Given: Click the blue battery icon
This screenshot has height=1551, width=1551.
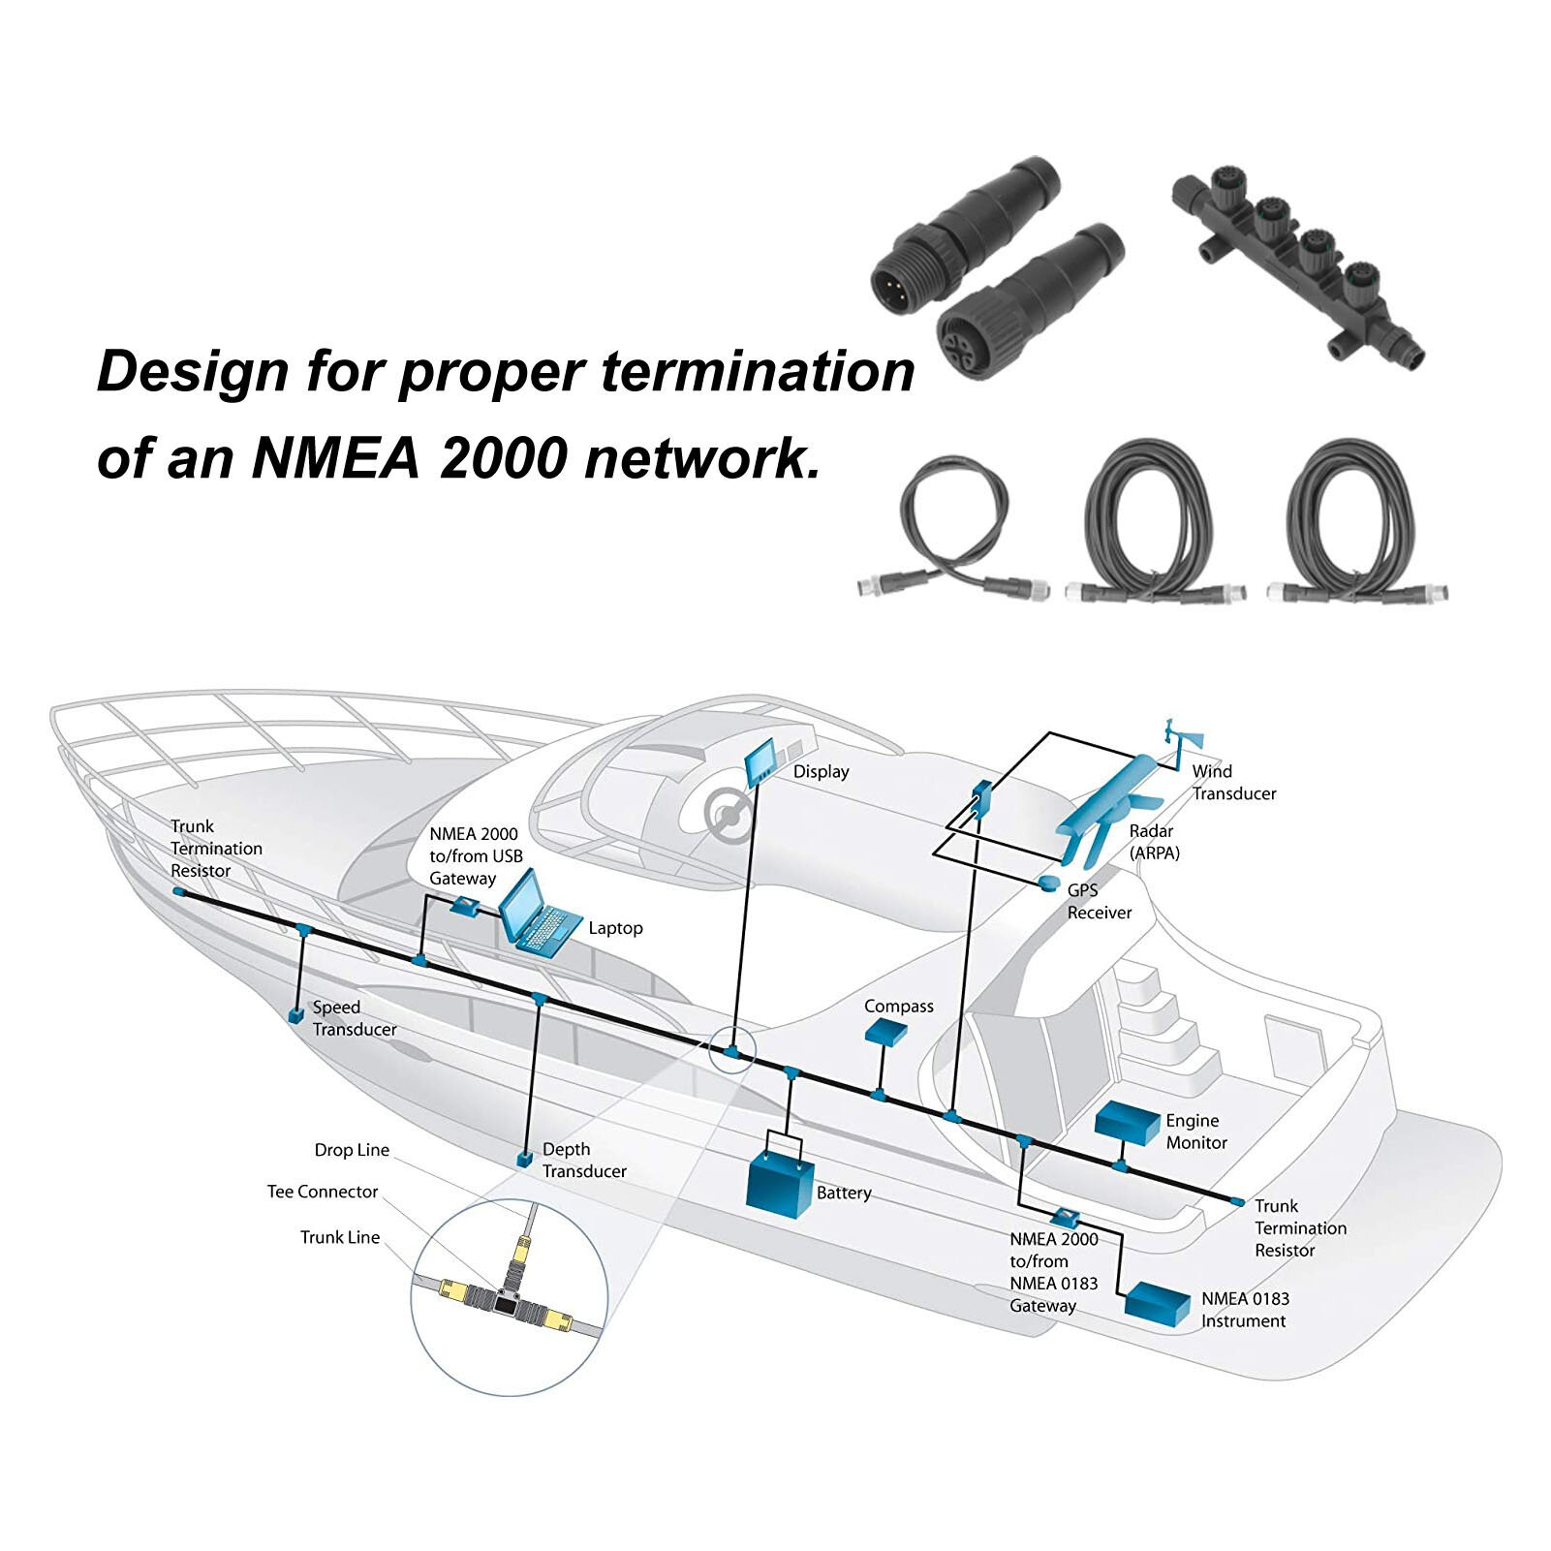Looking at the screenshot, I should click(x=778, y=1180).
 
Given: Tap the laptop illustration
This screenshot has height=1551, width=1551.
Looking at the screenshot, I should click(x=537, y=914).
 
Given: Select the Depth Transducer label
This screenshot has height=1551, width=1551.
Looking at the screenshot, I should click(x=583, y=1160).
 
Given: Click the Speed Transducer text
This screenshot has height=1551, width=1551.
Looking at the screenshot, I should click(x=354, y=1018).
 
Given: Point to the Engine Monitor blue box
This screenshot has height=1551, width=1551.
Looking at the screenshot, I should click(x=1127, y=1123).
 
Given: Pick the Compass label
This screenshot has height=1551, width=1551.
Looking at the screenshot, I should click(x=898, y=1007).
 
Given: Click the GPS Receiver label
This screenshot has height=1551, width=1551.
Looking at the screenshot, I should click(x=1099, y=901).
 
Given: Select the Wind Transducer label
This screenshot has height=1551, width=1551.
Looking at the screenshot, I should click(x=1233, y=782).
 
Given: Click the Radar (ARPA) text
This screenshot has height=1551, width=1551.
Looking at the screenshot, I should click(x=1154, y=842).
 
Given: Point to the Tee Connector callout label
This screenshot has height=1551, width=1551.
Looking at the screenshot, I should click(x=322, y=1192).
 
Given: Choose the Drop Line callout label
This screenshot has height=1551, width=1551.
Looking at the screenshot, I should click(x=351, y=1150).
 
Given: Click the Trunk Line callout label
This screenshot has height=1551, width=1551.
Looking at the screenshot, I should click(x=339, y=1237).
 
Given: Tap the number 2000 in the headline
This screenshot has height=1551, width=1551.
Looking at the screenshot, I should click(x=501, y=456).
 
